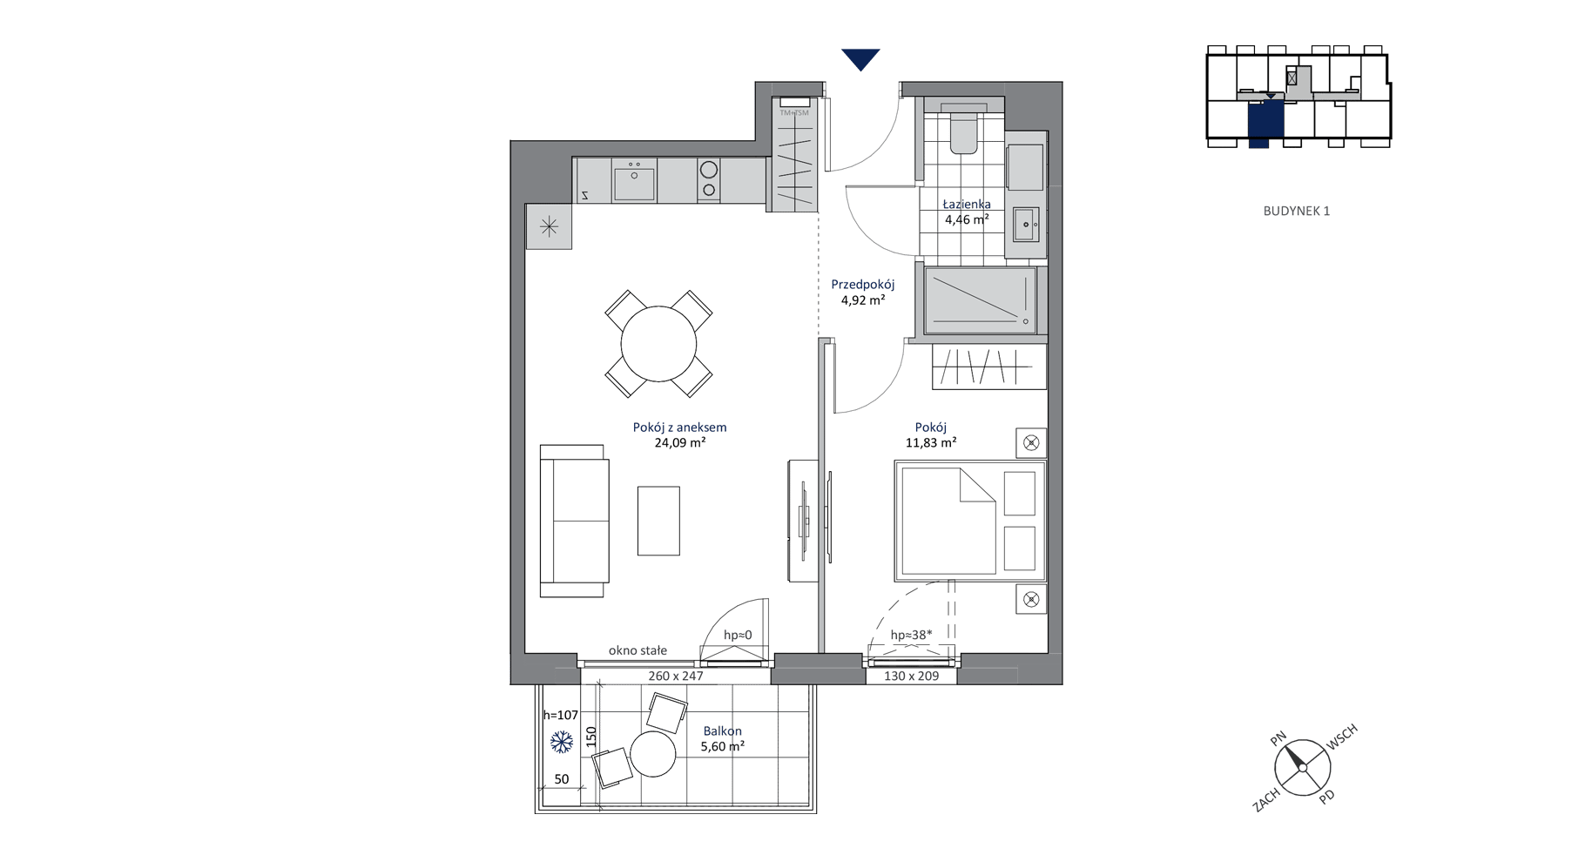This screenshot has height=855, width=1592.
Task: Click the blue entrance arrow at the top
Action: (x=860, y=58)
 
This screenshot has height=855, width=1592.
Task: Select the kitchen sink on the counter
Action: (x=634, y=181)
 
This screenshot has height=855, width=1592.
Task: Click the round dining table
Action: (x=658, y=344)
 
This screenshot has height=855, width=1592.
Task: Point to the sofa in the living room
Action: (x=574, y=521)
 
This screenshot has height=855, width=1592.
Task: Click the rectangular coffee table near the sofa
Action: (x=658, y=521)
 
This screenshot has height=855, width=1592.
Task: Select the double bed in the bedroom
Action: (x=970, y=521)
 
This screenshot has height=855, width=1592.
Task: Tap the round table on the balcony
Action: (x=653, y=754)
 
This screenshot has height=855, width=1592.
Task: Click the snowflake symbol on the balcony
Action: (x=562, y=743)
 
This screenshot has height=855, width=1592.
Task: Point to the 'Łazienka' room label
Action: (x=967, y=205)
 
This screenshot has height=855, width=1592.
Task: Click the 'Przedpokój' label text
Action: (x=862, y=285)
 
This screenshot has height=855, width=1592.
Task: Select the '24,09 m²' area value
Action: (x=680, y=443)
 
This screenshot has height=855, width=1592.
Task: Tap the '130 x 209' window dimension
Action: (x=911, y=676)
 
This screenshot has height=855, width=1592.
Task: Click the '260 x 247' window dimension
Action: (x=675, y=676)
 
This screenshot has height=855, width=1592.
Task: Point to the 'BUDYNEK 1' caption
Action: (x=1297, y=211)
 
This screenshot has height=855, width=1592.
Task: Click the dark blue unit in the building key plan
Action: (x=1265, y=122)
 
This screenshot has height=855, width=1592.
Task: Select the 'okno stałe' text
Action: (x=637, y=650)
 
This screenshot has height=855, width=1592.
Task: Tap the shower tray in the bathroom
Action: (x=981, y=300)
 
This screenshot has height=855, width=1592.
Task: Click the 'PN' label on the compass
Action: (x=1278, y=739)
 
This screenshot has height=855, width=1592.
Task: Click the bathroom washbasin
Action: (x=1026, y=225)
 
